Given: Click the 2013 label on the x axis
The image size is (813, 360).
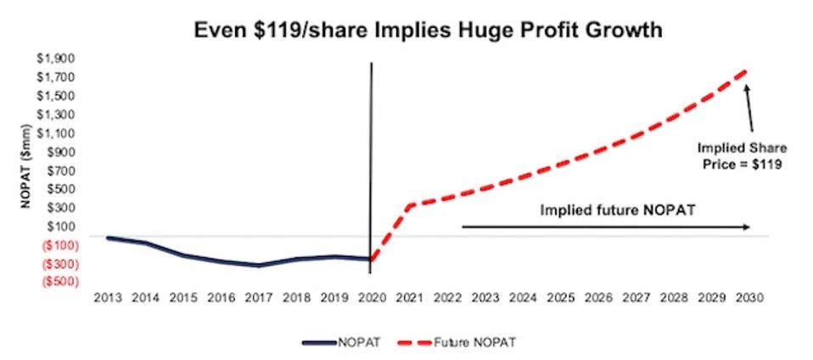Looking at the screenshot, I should click(x=109, y=299).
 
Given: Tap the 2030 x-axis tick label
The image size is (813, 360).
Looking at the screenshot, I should click(x=746, y=299).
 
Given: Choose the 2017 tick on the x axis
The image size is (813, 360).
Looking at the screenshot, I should click(x=258, y=299).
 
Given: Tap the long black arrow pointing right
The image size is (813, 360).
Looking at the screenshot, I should click(x=605, y=227).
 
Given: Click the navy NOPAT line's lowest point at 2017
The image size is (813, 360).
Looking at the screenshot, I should click(x=258, y=265).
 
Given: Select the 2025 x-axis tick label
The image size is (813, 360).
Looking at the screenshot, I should click(x=558, y=299).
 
